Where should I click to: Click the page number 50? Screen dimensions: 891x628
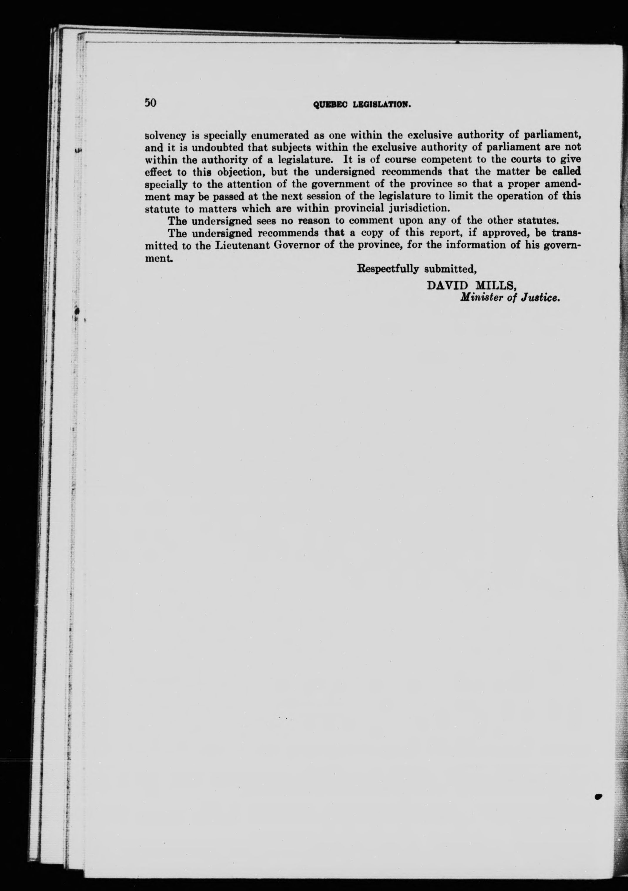tap(150, 103)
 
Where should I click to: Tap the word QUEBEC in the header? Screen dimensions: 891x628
tap(329, 104)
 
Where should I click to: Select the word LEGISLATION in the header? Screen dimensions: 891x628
tap(381, 104)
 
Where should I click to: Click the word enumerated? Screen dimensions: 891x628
tap(277, 135)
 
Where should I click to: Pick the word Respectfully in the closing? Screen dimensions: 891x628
tap(388, 269)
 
